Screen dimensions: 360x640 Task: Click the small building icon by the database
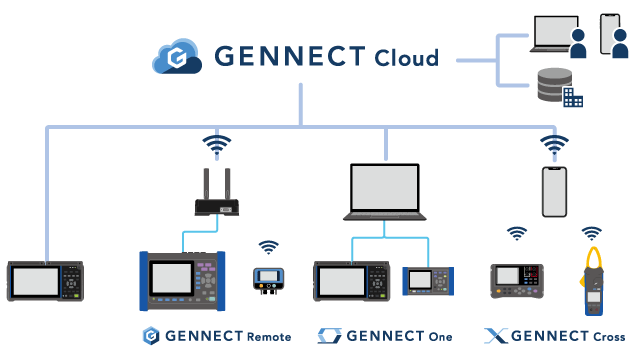point(572,97)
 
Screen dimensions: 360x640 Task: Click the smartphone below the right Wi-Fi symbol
point(555,191)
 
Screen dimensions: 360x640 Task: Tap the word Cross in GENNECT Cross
point(607,336)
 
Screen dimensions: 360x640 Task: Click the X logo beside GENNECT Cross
point(493,335)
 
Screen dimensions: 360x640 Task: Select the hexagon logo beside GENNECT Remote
point(152,335)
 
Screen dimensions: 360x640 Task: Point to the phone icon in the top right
point(608,33)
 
